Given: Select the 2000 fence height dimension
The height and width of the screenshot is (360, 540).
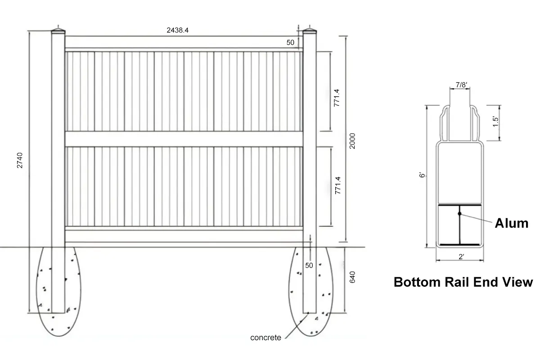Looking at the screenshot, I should pos(352,141).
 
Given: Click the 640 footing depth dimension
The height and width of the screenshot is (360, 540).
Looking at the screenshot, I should pos(352,276).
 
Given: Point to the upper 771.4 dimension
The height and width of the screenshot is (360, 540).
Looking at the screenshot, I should pos(336,97).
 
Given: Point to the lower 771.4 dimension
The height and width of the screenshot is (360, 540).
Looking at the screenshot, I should pos(336,185).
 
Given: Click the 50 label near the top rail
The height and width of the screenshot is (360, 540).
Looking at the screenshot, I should pos(290,42).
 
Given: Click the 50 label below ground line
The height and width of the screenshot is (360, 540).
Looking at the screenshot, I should pos(309,265).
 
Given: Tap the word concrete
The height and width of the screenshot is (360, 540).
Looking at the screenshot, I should pos(265,337).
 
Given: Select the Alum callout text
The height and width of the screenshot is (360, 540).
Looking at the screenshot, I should pos(511,223).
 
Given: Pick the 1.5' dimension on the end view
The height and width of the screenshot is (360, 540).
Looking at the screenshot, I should pos(495,122).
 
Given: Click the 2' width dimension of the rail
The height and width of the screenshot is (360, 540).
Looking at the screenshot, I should pos(461,257).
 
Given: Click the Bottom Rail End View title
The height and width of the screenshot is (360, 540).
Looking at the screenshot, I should pos(463,282).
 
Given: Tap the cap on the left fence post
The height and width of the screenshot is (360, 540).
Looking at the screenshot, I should pos(58,31).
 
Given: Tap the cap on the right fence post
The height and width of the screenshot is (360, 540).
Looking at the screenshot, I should pos(309,31).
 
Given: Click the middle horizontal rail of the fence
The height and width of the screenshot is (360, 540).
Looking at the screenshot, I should pos(184,139).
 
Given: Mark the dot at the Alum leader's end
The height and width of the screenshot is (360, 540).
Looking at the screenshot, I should pos(459,213).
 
